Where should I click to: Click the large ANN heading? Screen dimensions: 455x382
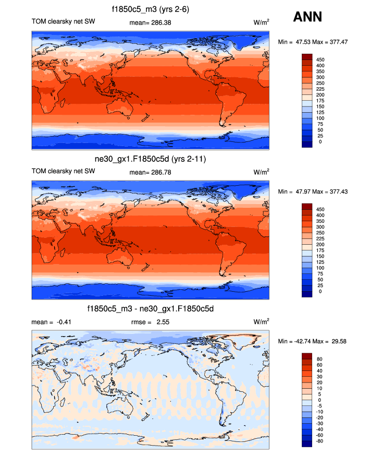click(307, 17)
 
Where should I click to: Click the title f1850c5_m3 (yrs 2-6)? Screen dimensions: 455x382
click(151, 9)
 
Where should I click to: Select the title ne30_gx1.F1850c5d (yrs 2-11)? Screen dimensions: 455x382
click(151, 159)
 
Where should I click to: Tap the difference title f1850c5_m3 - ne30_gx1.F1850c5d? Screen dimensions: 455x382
click(151, 309)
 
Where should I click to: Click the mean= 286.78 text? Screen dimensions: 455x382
click(150, 172)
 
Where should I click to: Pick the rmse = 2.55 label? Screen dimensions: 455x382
click(150, 322)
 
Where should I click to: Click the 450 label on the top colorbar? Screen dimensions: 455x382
click(321, 60)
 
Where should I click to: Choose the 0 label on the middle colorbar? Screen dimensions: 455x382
click(320, 292)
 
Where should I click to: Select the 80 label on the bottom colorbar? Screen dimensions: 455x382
click(320, 360)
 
